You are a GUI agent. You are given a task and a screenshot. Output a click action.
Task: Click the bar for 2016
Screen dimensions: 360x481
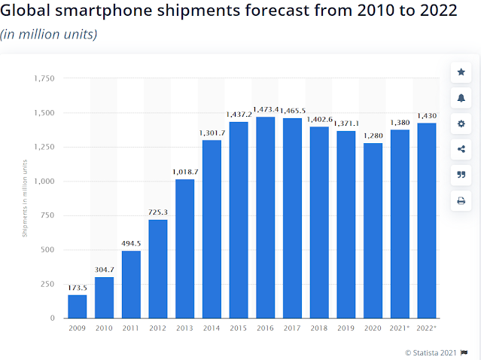click(x=266, y=218)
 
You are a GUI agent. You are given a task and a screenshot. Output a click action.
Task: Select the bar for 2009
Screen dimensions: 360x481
click(x=78, y=306)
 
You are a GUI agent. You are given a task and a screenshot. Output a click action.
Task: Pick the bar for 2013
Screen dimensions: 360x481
click(x=185, y=249)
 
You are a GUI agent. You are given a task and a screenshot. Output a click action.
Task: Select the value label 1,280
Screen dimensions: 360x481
click(x=373, y=136)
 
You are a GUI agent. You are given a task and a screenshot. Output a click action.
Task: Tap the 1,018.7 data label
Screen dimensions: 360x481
click(x=185, y=172)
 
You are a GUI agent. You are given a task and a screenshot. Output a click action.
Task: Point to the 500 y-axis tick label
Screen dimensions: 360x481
click(x=48, y=250)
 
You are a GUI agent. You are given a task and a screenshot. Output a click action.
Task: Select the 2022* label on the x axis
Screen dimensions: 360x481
click(x=426, y=329)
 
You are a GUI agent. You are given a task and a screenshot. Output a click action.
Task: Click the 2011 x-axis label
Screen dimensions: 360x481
click(x=131, y=329)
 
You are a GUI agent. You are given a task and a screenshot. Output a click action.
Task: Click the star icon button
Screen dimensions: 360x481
click(x=461, y=72)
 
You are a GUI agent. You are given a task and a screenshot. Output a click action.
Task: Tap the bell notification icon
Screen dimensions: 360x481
click(x=461, y=98)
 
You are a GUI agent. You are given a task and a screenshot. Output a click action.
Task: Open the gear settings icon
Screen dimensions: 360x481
click(x=461, y=124)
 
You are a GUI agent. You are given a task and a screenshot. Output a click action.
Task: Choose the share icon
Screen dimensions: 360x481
click(x=461, y=149)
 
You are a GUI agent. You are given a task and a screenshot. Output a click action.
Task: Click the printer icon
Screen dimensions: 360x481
click(x=461, y=200)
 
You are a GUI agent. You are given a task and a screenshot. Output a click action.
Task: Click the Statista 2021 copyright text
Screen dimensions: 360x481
click(x=431, y=352)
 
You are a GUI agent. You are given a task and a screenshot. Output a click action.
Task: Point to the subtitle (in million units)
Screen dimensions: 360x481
click(x=48, y=35)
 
